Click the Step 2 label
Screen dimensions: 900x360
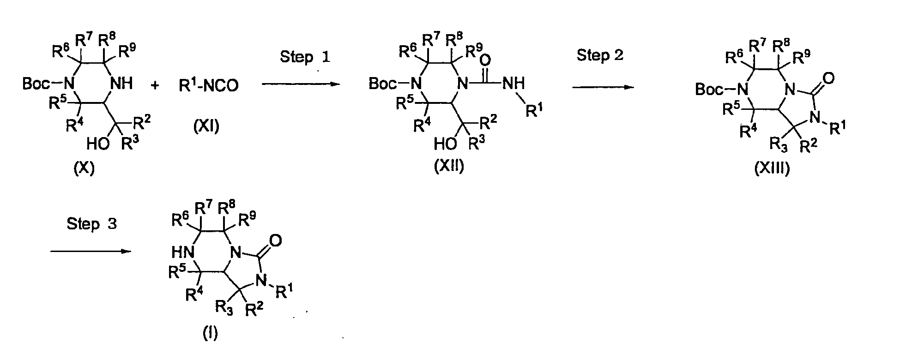point(600,55)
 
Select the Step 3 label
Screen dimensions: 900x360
point(91,224)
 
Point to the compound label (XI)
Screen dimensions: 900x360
point(206,125)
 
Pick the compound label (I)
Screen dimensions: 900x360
point(210,333)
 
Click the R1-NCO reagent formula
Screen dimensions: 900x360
point(209,85)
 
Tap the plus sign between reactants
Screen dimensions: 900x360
point(155,85)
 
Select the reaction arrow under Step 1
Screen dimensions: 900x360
point(300,84)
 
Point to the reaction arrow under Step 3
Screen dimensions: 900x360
point(91,252)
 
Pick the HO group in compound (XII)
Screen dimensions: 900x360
point(445,144)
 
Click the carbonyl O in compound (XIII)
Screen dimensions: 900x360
point(829,78)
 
